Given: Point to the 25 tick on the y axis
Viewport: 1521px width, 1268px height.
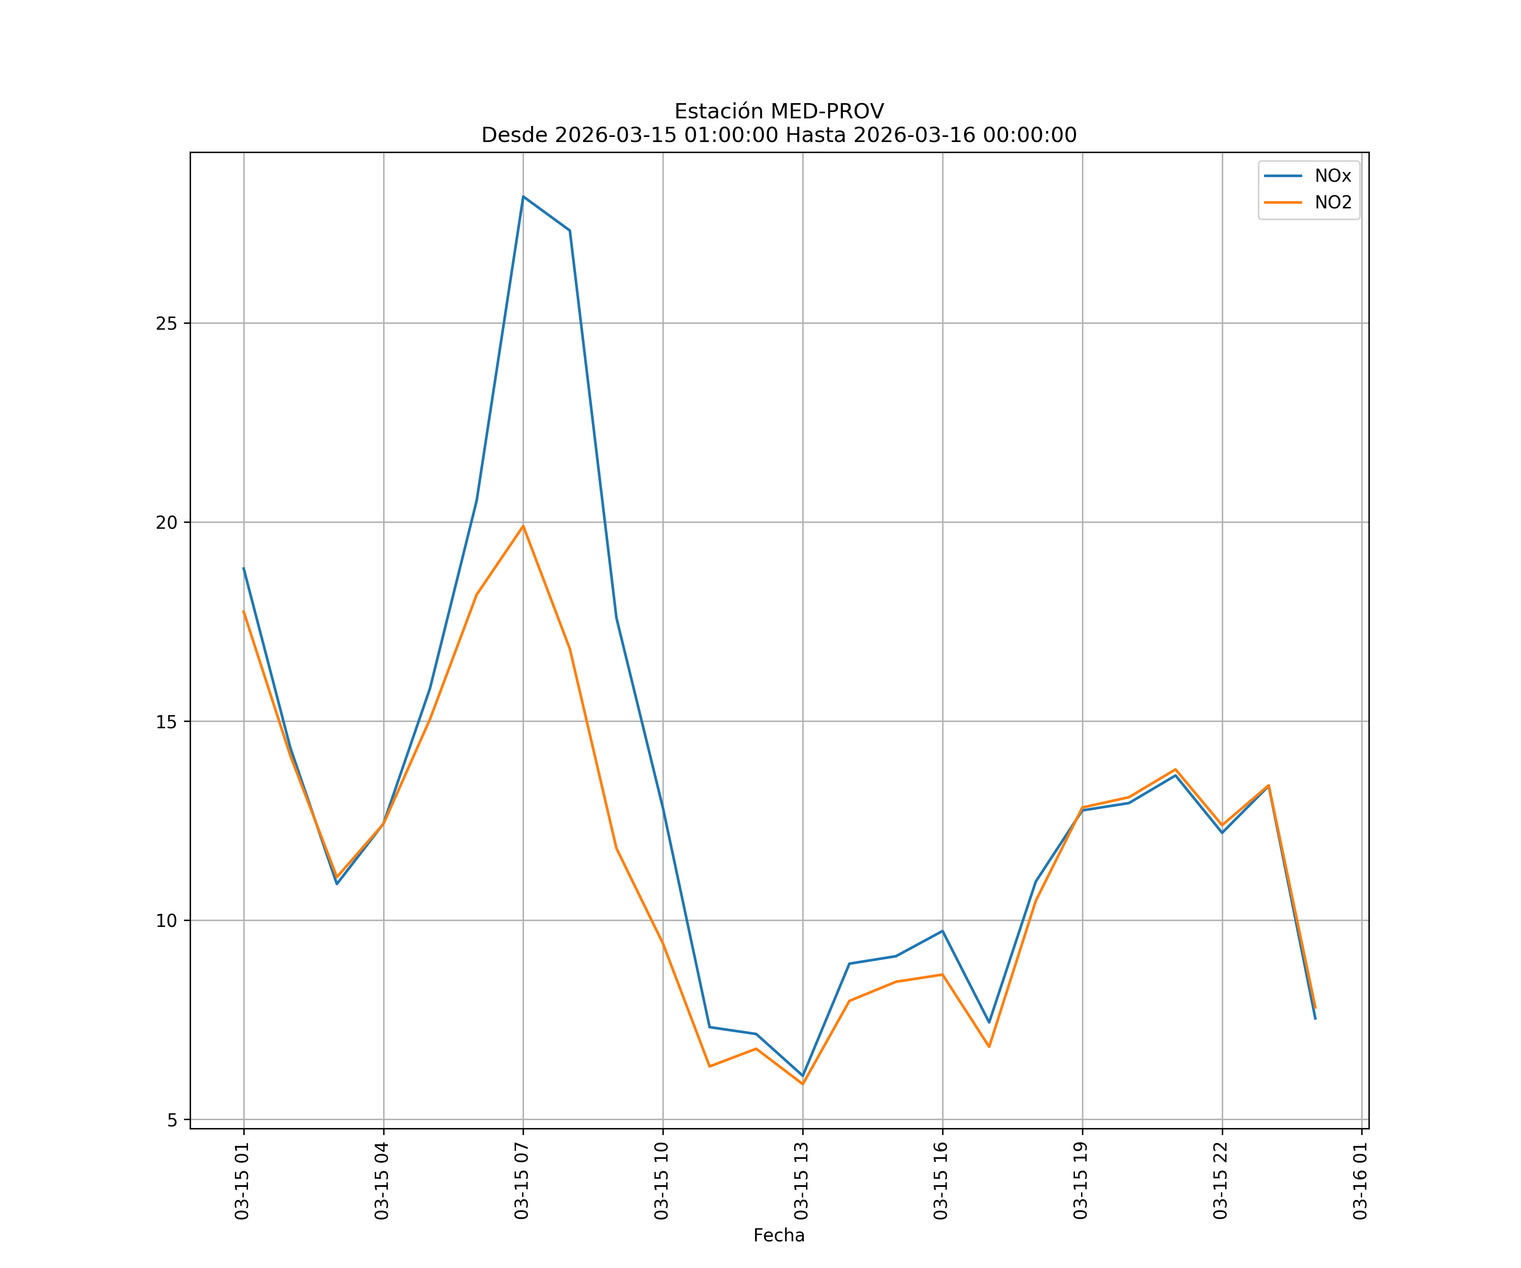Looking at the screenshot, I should tap(166, 323).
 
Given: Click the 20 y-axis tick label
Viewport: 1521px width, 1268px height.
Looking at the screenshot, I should tap(166, 522).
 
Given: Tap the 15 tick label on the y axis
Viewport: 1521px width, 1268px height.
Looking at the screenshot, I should tap(166, 721).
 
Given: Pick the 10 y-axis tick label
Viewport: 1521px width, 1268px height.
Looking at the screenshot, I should tap(166, 921).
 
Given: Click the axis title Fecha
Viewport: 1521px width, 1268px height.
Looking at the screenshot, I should tap(779, 1235).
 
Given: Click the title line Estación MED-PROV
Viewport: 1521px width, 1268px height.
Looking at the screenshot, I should tap(779, 112).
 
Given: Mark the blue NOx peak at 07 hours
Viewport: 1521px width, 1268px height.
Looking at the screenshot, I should tap(523, 197).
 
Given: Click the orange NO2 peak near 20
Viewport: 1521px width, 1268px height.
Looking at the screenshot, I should tap(523, 526).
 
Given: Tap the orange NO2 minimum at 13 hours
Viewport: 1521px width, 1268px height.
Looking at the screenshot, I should tap(802, 1084).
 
